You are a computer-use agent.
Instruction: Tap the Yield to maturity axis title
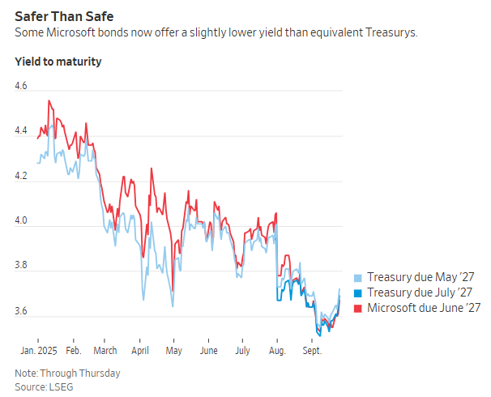point(58,61)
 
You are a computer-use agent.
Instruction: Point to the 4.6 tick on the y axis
point(21,85)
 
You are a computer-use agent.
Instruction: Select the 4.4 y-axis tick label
point(21,130)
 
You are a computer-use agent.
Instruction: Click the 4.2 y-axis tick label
point(21,176)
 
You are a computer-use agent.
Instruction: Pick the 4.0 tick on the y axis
point(21,221)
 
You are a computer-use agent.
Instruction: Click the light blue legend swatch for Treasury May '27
point(359,276)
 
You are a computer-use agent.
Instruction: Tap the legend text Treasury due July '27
point(420,292)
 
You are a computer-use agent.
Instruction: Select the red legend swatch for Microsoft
point(359,309)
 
